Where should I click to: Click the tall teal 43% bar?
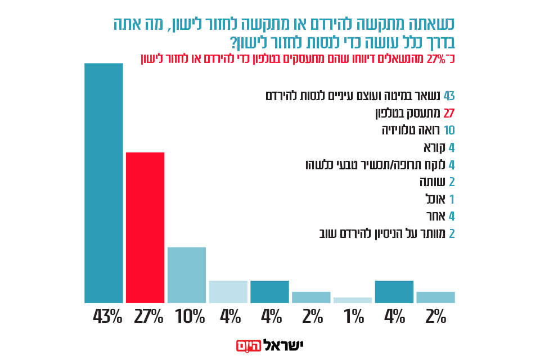click(103, 183)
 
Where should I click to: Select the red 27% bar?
click(145, 228)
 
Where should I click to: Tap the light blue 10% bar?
click(187, 275)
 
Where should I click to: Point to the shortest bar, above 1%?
click(353, 300)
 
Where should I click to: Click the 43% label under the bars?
click(107, 318)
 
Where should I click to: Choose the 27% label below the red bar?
click(148, 318)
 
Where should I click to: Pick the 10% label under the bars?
click(190, 318)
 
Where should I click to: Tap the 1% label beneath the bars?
click(354, 318)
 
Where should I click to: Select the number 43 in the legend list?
click(449, 94)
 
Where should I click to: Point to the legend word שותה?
click(430, 182)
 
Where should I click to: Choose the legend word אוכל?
click(433, 199)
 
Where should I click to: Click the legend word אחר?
click(434, 216)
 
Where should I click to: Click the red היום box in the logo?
click(247, 345)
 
